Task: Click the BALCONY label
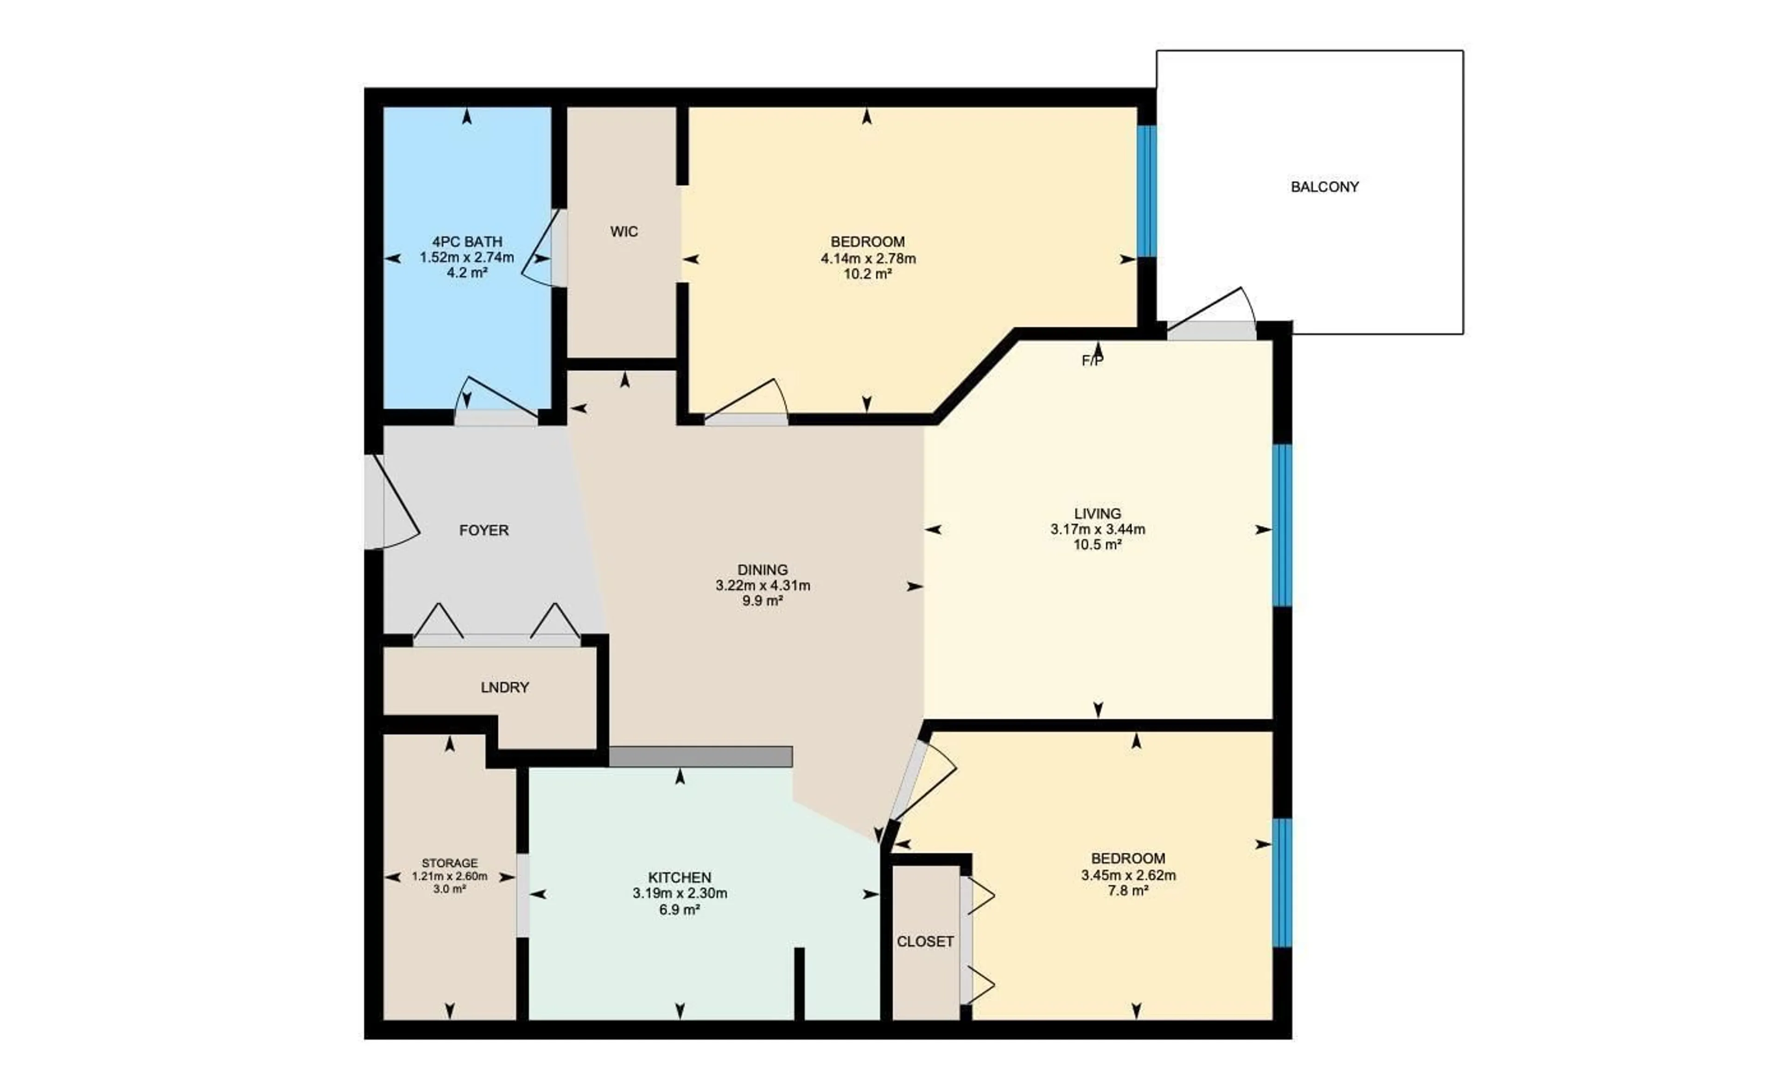[x=1325, y=187]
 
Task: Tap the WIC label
[x=624, y=232]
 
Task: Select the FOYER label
[x=484, y=531]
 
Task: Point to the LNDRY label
[x=505, y=687]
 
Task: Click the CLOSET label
[x=925, y=942]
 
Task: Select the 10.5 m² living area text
[x=1097, y=545]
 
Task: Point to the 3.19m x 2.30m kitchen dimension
[x=680, y=893]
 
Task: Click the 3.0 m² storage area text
[x=449, y=889]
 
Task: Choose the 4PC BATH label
[x=467, y=242]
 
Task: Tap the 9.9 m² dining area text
[x=763, y=601]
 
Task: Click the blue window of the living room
[x=1282, y=525]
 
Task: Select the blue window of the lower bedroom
[x=1282, y=882]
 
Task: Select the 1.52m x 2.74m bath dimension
[x=467, y=258]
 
